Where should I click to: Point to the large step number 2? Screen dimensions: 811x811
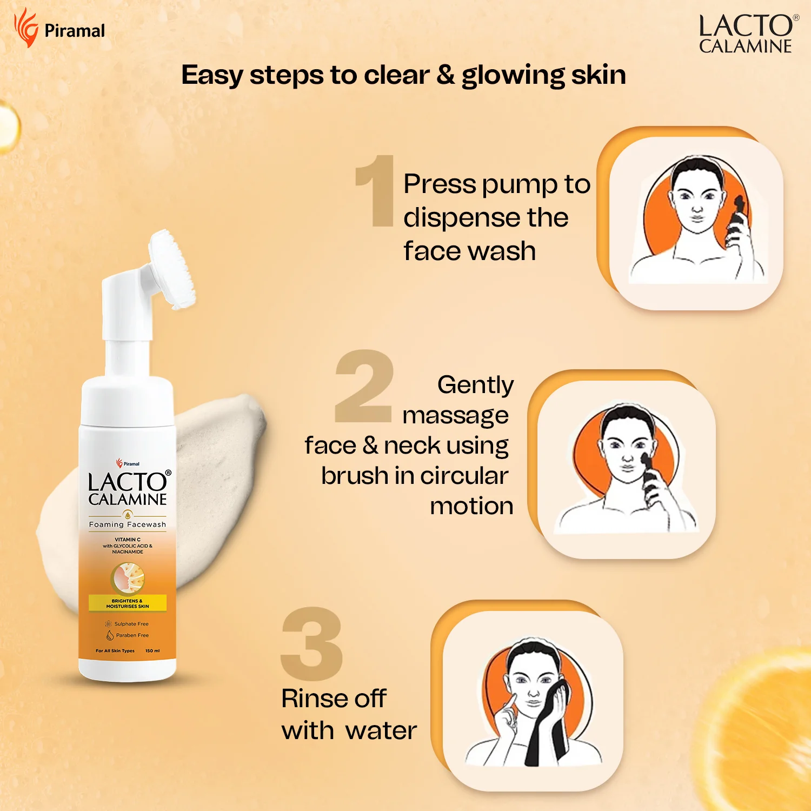[x=363, y=386]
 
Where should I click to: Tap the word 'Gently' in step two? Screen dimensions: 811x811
[x=475, y=385]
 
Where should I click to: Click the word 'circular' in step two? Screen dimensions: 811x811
[x=464, y=476]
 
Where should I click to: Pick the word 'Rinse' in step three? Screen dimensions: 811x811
[x=308, y=699]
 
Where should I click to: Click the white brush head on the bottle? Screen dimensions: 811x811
[x=172, y=269]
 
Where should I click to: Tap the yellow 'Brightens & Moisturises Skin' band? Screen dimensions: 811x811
[x=128, y=603]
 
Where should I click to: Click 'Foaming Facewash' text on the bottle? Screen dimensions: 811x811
[x=128, y=524]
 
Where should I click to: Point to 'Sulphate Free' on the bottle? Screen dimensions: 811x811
[x=131, y=624]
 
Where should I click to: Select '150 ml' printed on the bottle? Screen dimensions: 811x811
[x=152, y=651]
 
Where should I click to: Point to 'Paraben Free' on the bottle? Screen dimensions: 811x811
[x=132, y=635]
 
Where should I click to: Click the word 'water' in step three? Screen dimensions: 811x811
[x=382, y=731]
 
